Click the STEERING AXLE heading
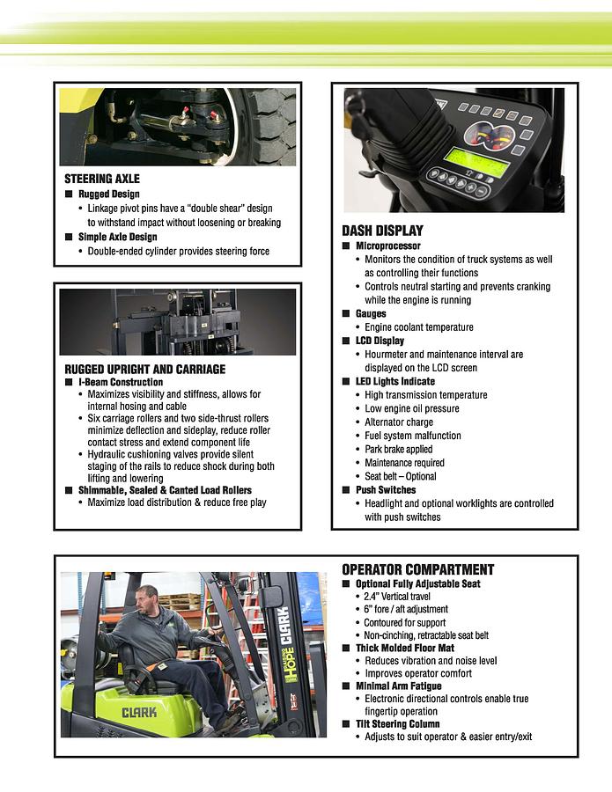101,179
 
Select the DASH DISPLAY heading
382,231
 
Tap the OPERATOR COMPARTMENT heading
417,569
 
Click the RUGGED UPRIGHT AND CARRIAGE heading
144,369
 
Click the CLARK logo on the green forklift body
139,711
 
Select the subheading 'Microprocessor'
387,246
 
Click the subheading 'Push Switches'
386,490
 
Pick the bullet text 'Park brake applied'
398,449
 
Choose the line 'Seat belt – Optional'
400,476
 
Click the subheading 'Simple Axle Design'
117,237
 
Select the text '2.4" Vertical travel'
397,597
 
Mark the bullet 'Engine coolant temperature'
418,327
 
